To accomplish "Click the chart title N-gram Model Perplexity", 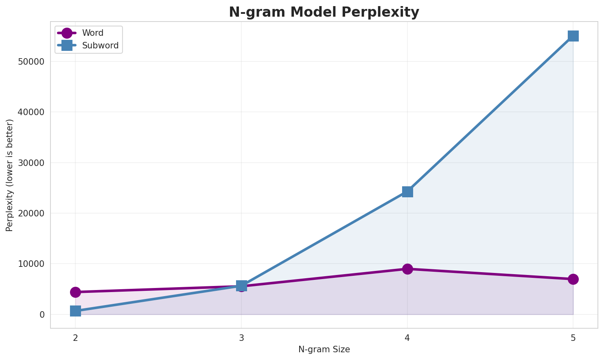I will [324, 12].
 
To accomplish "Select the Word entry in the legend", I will [92, 33].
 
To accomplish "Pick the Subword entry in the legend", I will [100, 46].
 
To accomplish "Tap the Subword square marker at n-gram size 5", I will [573, 36].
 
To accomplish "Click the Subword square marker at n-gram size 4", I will [407, 192].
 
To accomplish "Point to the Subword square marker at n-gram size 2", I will [75, 311].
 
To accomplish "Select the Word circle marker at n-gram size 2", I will [75, 292].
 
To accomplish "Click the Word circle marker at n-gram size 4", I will [407, 269].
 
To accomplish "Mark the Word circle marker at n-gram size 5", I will [573, 279].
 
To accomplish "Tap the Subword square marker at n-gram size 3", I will [241, 286].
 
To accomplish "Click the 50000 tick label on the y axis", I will [31, 62].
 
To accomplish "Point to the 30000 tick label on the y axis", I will [31, 163].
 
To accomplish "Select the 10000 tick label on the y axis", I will [31, 264].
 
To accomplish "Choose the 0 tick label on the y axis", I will [42, 314].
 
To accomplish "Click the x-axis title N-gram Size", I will [324, 349].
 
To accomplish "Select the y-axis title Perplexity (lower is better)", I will [10, 175].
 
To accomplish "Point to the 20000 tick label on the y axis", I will [31, 214].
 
